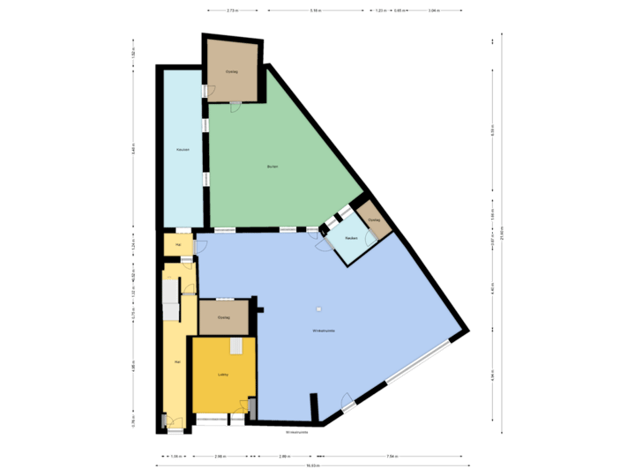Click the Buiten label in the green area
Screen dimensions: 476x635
pyautogui.click(x=273, y=167)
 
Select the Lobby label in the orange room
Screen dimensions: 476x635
pyautogui.click(x=224, y=375)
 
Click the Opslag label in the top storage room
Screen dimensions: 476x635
pyautogui.click(x=232, y=71)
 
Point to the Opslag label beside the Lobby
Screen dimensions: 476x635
pyautogui.click(x=224, y=317)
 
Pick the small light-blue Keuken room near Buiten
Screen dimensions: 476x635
pyautogui.click(x=350, y=238)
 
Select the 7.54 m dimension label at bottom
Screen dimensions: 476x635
pyautogui.click(x=392, y=456)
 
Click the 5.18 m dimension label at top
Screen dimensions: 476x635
pyautogui.click(x=315, y=11)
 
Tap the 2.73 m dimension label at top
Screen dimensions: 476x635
pyautogui.click(x=232, y=11)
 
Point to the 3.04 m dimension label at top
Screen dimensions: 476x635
pyautogui.click(x=434, y=11)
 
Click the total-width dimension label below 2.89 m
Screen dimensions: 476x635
pyautogui.click(x=312, y=465)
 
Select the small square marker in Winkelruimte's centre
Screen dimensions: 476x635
pyautogui.click(x=319, y=309)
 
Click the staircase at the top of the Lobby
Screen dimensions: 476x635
pyautogui.click(x=236, y=346)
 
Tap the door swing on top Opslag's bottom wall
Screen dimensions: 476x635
pyautogui.click(x=235, y=106)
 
